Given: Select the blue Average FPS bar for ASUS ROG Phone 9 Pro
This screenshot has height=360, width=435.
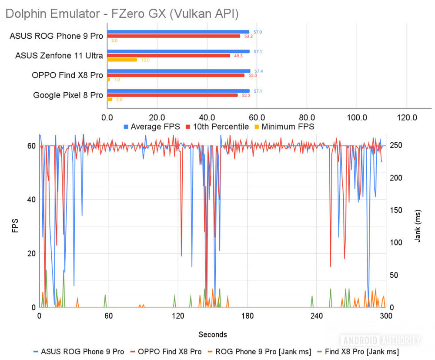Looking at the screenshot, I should tap(178, 32).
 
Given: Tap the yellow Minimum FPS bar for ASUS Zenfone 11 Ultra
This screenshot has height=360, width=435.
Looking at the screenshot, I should tap(122, 60).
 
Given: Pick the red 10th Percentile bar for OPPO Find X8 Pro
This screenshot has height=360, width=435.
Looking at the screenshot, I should tap(176, 75).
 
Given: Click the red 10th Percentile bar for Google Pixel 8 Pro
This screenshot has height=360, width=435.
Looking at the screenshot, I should tap(172, 95).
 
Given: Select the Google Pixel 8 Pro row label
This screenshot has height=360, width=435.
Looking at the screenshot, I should tap(68, 95).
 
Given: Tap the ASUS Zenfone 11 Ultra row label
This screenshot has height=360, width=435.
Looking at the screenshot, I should tap(59, 56).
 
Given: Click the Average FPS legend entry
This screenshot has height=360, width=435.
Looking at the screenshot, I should tap(152, 127).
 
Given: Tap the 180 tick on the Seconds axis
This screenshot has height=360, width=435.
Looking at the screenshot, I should tap(247, 316).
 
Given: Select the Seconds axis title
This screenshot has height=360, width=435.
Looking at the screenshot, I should tap(213, 334).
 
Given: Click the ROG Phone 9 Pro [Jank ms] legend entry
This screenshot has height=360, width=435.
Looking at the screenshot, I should tap(262, 351).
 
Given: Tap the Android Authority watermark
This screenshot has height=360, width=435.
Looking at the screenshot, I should tap(381, 340).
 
